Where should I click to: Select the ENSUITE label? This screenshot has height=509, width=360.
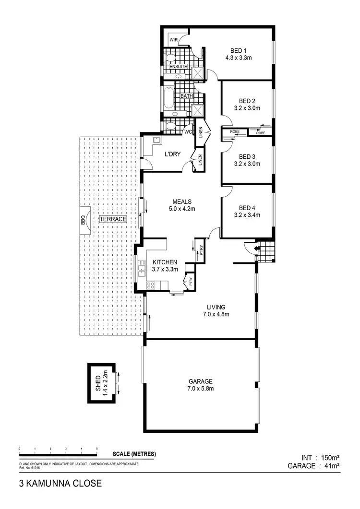pyautogui.click(x=178, y=66)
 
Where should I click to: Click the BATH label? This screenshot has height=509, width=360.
pyautogui.click(x=187, y=96)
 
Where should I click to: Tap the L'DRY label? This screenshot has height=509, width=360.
pyautogui.click(x=172, y=154)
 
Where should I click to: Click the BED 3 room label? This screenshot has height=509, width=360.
pyautogui.click(x=247, y=156)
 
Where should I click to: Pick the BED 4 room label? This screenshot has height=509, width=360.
pyautogui.click(x=247, y=208)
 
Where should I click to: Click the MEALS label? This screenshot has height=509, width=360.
pyautogui.click(x=182, y=201)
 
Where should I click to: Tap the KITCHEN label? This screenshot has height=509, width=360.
pyautogui.click(x=165, y=262)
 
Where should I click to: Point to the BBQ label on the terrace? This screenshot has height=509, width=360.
pyautogui.click(x=83, y=220)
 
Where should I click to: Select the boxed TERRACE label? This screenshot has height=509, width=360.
pyautogui.click(x=113, y=219)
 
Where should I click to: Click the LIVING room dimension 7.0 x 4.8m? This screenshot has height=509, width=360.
pyautogui.click(x=216, y=315)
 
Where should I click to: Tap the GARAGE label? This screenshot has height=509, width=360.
pyautogui.click(x=201, y=381)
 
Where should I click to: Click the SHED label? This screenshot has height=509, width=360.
pyautogui.click(x=98, y=383)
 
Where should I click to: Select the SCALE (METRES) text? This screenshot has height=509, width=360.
pyautogui.click(x=134, y=454)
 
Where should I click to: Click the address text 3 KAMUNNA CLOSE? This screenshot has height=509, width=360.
pyautogui.click(x=60, y=484)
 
